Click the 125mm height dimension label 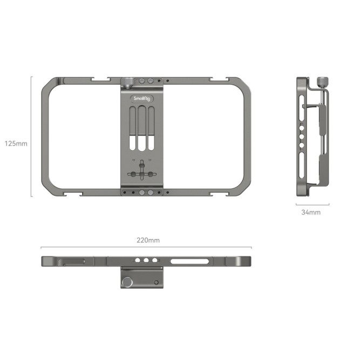tap(16, 144)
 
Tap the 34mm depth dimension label tap(311, 213)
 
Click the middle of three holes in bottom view tap(145, 261)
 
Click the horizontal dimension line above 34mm tap(312, 205)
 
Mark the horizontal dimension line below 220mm tap(147, 247)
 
